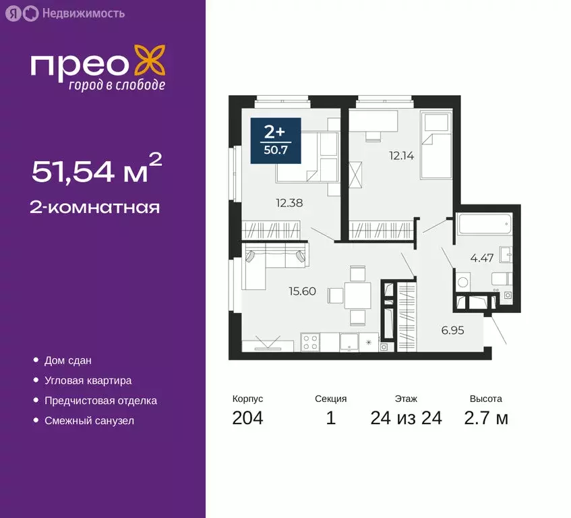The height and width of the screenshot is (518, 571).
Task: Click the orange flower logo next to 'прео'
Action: (x=149, y=61)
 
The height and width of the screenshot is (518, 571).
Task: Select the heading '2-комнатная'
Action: (x=94, y=207)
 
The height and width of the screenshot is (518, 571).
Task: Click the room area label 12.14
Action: (x=401, y=155)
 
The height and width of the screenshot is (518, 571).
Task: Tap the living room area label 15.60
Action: (x=303, y=291)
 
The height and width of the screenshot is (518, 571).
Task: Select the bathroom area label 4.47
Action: (x=483, y=257)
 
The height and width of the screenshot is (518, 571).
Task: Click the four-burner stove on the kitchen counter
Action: (x=310, y=343)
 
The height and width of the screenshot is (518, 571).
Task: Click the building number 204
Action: (x=247, y=418)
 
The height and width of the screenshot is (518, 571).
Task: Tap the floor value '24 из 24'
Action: (x=406, y=418)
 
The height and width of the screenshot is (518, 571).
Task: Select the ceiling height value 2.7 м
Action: (x=486, y=418)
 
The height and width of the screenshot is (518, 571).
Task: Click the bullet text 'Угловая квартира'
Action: (x=88, y=381)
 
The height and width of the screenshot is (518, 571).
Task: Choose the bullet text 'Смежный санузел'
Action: (x=89, y=421)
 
